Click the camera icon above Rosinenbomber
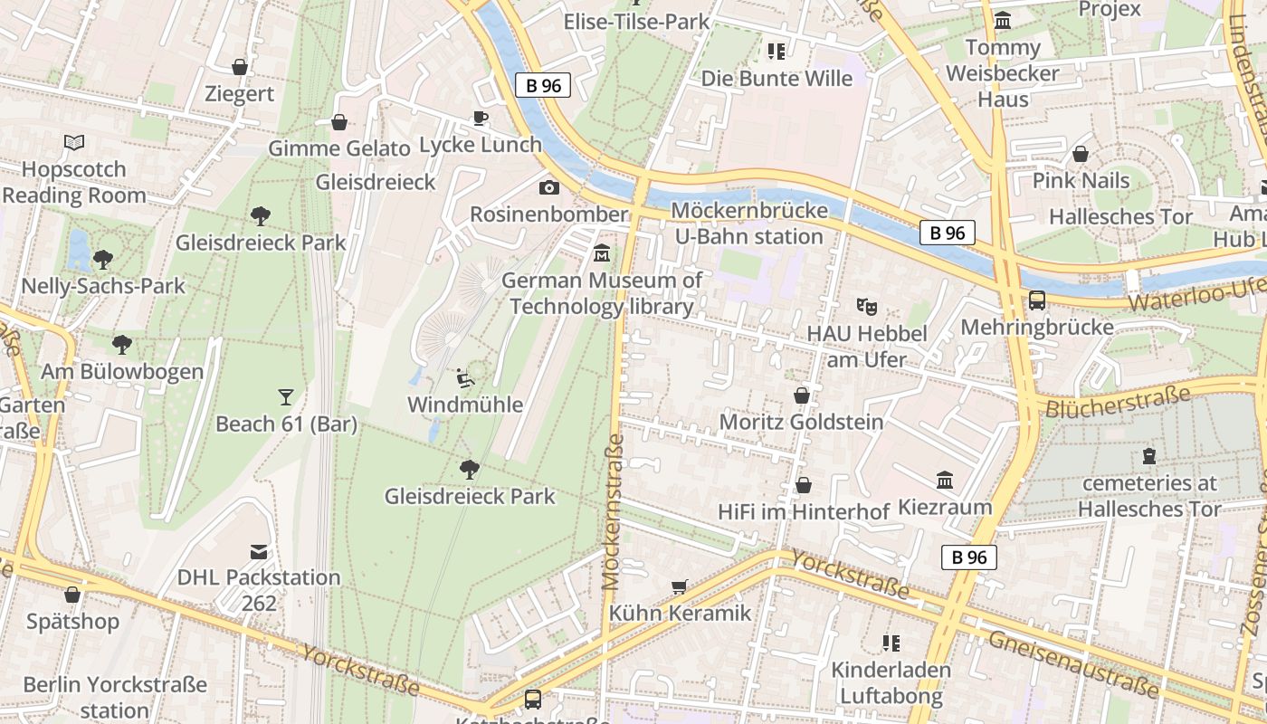[548, 187]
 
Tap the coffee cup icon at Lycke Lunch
[481, 118]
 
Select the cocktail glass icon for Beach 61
[286, 396]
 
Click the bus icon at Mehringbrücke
[1037, 300]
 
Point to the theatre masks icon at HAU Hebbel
[867, 307]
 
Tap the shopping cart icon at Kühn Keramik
[680, 586]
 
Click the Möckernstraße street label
[614, 511]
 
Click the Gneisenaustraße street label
[1073, 665]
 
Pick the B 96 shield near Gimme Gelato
[544, 86]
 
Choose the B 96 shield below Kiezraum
[968, 557]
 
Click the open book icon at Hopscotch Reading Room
[74, 142]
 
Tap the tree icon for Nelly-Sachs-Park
[103, 259]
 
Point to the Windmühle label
[465, 405]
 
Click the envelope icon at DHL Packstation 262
[259, 551]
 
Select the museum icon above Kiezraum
[945, 480]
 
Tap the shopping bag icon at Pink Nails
[1081, 154]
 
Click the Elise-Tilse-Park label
[636, 21]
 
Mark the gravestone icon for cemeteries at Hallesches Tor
[1149, 455]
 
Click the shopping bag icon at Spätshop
[72, 595]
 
